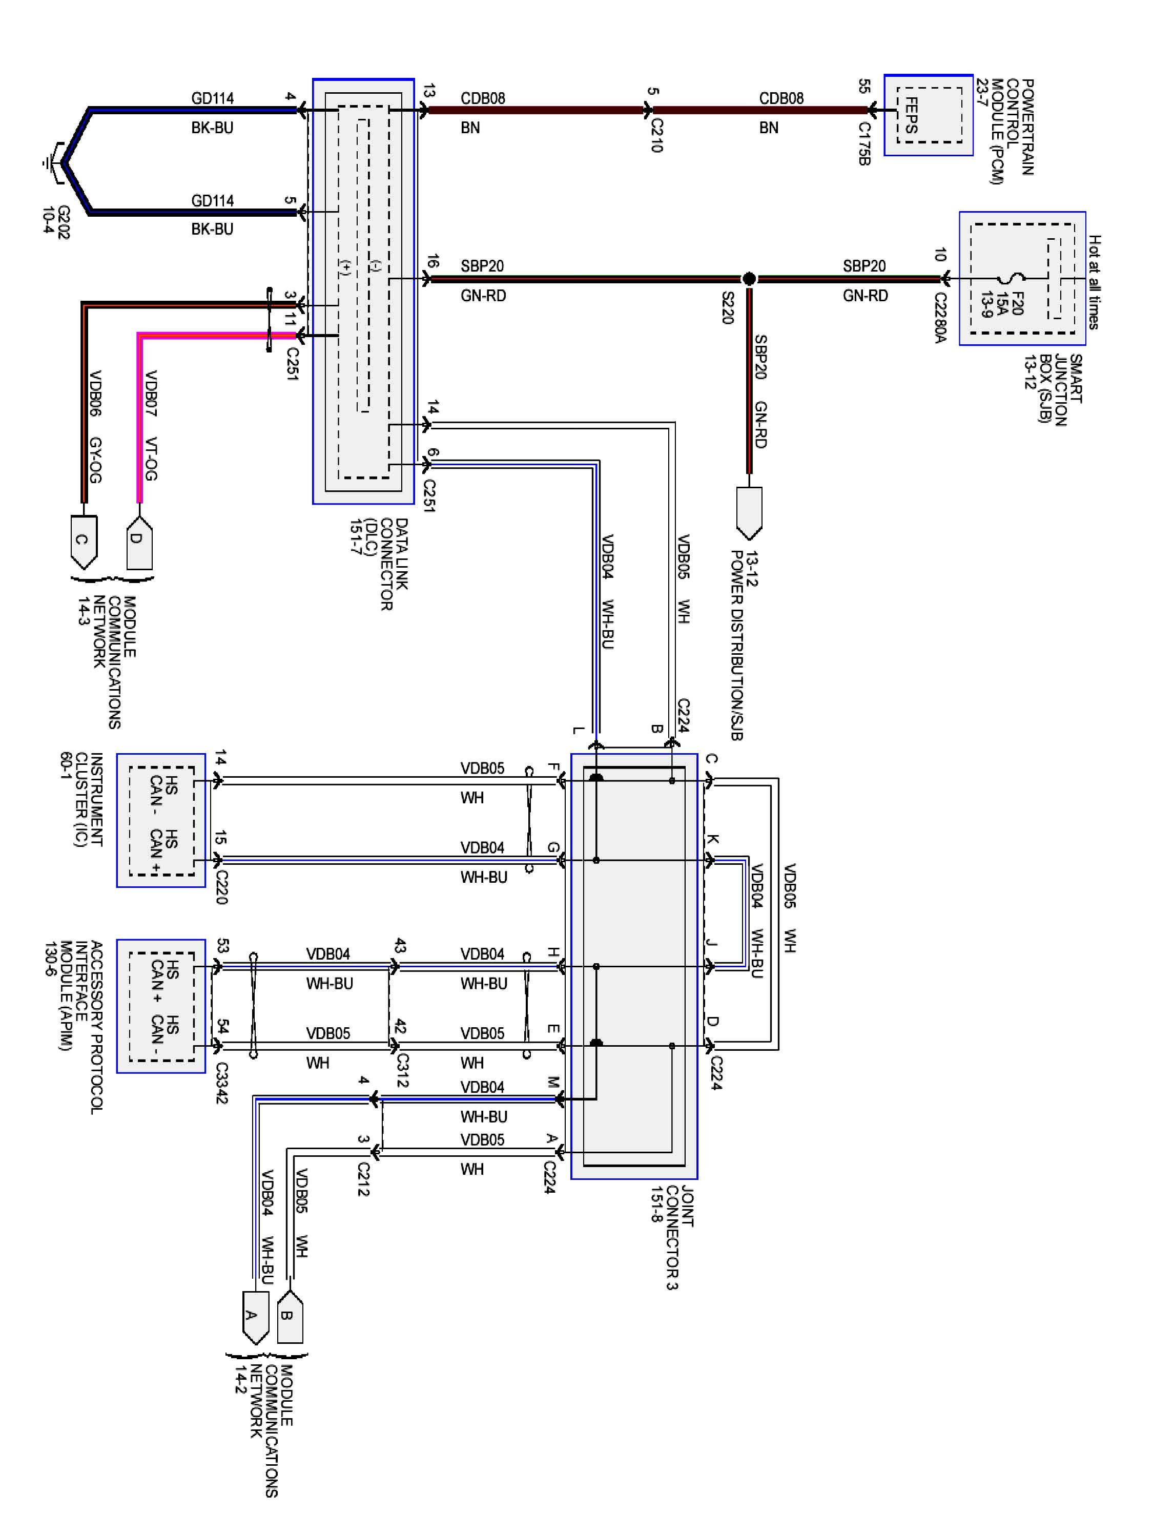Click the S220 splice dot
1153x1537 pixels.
[749, 279]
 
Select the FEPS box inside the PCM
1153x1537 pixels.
[929, 115]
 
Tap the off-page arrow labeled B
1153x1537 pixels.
[290, 1317]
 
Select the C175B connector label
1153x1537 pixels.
[864, 144]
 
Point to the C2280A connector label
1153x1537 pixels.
[940, 318]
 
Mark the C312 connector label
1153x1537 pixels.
[402, 1072]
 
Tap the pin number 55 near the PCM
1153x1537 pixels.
[864, 86]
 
